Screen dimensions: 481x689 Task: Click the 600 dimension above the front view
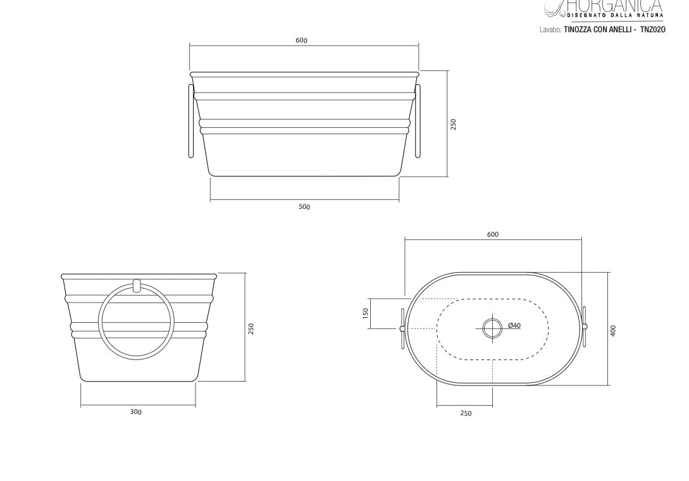[x=301, y=41]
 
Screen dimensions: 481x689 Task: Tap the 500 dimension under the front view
[x=304, y=207]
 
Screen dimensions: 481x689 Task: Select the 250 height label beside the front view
[x=454, y=124]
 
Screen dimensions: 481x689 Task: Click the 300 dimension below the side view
[x=136, y=412]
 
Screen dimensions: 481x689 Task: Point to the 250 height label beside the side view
[x=251, y=328]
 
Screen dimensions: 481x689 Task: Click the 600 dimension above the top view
[x=493, y=234]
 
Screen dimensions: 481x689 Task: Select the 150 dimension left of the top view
[x=366, y=313]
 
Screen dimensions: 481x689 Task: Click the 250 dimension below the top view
[x=466, y=413]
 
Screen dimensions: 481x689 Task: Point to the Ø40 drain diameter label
[x=514, y=326]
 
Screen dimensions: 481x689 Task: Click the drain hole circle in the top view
[x=492, y=328]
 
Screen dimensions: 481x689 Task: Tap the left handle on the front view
[x=191, y=120]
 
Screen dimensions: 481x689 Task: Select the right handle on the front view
[x=418, y=120]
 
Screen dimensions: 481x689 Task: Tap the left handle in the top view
[x=402, y=328]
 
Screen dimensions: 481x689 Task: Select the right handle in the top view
[x=585, y=327]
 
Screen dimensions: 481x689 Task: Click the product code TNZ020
[x=652, y=29]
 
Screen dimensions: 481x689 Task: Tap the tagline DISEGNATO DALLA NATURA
[x=615, y=15]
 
